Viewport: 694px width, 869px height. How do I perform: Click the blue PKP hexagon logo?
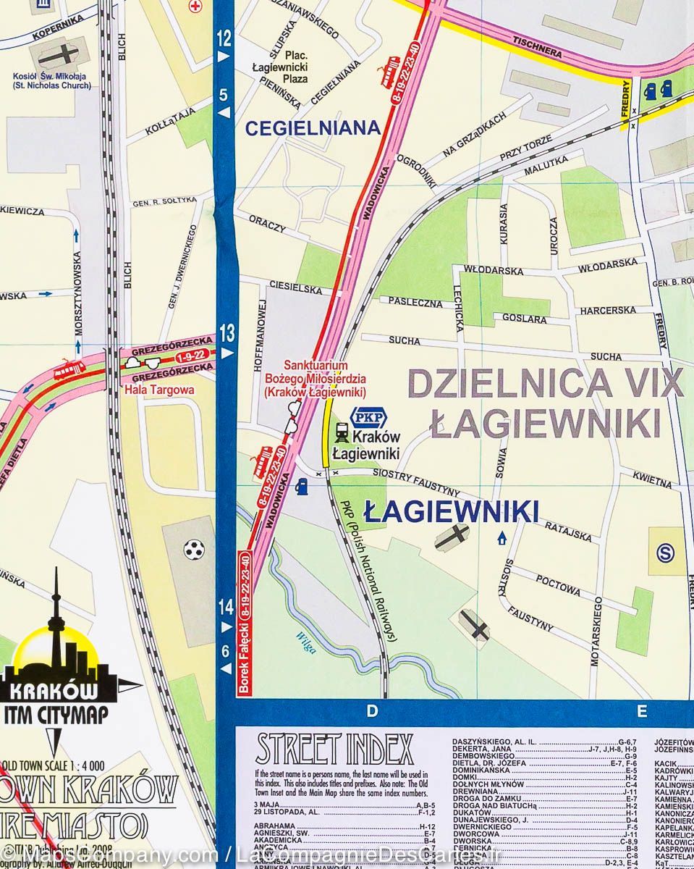tap(369, 418)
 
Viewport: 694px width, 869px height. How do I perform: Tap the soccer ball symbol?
tap(193, 550)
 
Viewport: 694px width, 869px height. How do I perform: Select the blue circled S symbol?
tap(664, 553)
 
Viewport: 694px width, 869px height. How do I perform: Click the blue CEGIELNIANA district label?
tap(312, 128)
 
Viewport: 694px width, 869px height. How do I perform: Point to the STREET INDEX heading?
tap(334, 750)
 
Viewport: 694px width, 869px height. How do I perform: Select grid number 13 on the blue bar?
tap(227, 334)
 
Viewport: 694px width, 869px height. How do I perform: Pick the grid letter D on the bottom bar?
tap(372, 711)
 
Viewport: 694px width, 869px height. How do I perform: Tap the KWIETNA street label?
tap(652, 478)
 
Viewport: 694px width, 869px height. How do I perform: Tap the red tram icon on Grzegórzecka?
tap(69, 369)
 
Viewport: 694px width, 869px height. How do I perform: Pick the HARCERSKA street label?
tap(607, 310)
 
